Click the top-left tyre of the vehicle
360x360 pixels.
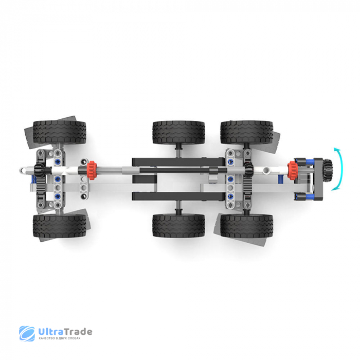point(60,132)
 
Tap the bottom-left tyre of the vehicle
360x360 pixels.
point(60,226)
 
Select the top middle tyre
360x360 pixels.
point(178,133)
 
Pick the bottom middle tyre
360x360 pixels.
point(178,226)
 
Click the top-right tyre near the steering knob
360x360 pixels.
point(247,133)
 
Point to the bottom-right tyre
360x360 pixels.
point(247,226)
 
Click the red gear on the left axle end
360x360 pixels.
point(92,170)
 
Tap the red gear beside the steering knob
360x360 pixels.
point(293,170)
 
